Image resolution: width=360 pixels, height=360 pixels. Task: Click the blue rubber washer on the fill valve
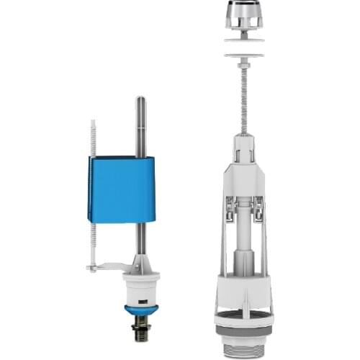(138, 310)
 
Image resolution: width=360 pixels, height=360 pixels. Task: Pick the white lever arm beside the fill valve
(108, 268)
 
